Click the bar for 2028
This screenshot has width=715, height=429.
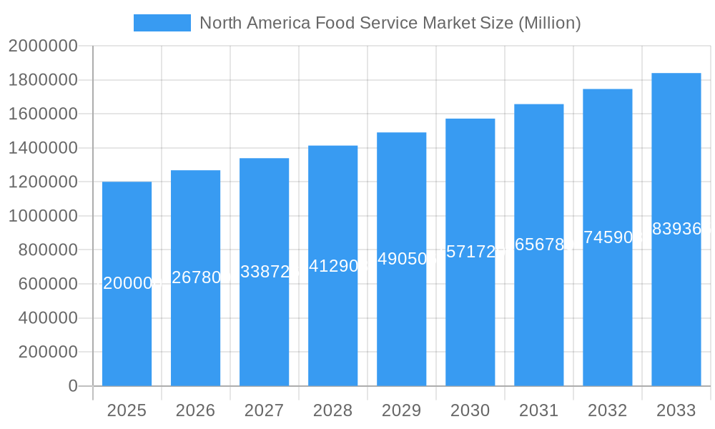(x=333, y=322)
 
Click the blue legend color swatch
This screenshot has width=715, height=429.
(x=162, y=23)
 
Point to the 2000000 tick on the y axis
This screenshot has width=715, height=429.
(x=43, y=46)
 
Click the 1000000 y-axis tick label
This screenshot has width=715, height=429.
(x=43, y=216)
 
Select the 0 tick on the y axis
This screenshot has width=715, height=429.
(x=72, y=386)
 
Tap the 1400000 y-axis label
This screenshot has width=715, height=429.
(x=43, y=148)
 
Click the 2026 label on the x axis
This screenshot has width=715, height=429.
(x=195, y=410)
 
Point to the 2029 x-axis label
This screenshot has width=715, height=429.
(x=401, y=410)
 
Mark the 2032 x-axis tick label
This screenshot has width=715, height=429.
(x=607, y=410)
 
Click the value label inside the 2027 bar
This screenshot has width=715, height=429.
(x=265, y=272)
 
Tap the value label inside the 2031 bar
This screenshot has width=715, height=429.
(x=539, y=245)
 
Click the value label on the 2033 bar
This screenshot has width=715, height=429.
(x=676, y=229)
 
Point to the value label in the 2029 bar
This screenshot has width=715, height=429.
(x=402, y=259)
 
